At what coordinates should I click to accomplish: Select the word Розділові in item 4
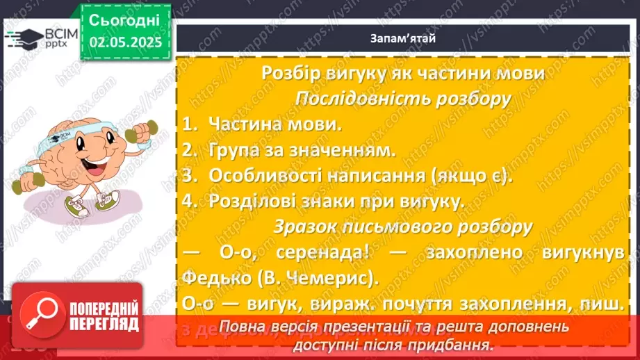pos(253,202)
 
